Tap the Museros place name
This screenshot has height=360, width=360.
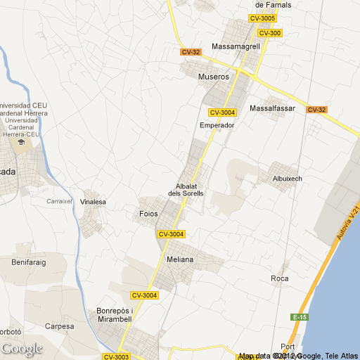(214, 77)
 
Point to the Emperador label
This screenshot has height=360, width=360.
(217, 125)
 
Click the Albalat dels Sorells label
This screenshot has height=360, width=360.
(186, 189)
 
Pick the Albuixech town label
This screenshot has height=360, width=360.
(287, 179)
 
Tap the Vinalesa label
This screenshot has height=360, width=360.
(93, 202)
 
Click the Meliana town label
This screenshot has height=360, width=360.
(180, 259)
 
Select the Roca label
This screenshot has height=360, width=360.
(280, 278)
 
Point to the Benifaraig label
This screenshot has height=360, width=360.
(28, 262)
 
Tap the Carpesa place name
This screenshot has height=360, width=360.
(59, 326)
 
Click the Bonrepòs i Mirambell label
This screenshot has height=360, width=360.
(113, 314)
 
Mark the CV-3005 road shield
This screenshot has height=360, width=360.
(262, 18)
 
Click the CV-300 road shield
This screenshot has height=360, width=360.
(269, 33)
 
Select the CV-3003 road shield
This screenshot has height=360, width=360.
(116, 357)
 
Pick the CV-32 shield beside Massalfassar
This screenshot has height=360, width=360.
(316, 110)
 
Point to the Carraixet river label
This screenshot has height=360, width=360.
(60, 200)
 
